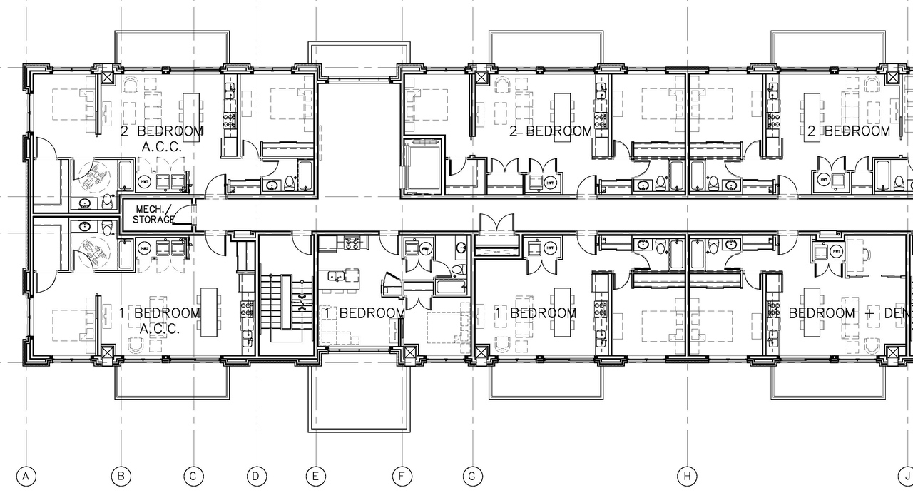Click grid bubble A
click(x=26, y=476)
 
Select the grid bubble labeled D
click(x=257, y=476)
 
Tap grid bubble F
click(x=402, y=476)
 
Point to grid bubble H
click(x=686, y=476)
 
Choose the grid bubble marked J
click(x=904, y=476)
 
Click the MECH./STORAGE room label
click(x=153, y=214)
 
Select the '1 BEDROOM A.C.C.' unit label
click(x=159, y=320)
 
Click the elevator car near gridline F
click(x=422, y=166)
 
